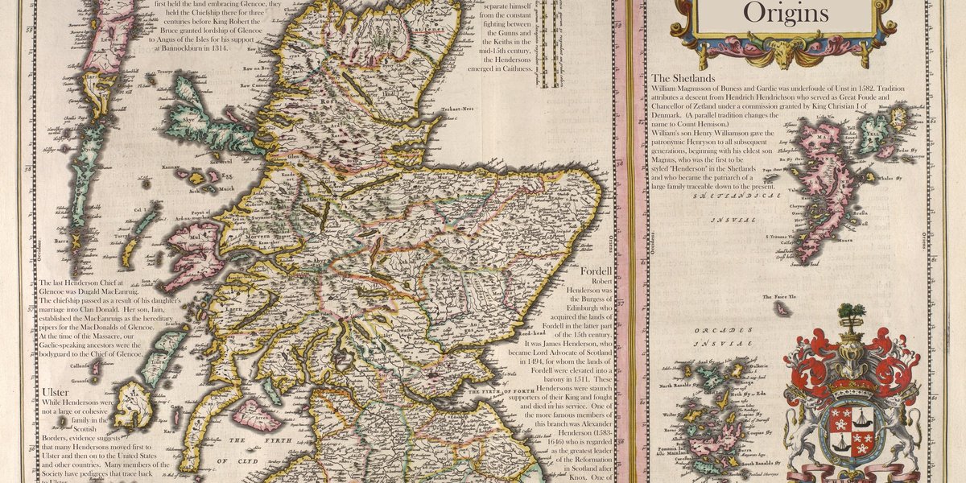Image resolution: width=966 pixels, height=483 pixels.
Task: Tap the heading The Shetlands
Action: [x=683, y=78]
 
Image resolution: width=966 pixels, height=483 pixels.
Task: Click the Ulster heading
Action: [x=55, y=392]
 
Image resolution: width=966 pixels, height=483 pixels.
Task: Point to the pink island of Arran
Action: [x=256, y=415]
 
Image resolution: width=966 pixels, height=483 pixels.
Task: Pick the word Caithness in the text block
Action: [x=515, y=69]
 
